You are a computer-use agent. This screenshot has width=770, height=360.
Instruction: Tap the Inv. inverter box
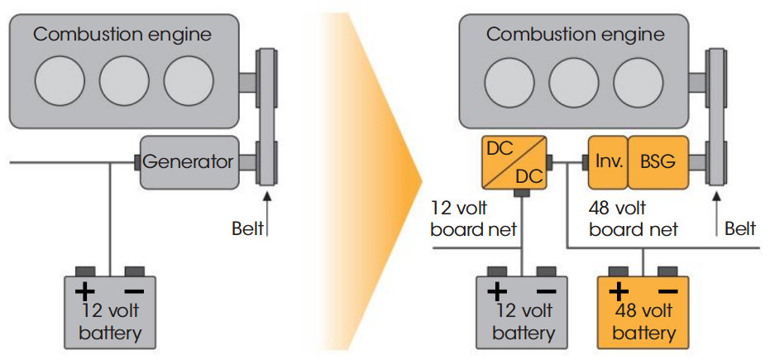point(608,162)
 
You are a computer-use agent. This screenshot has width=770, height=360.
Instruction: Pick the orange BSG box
point(658,162)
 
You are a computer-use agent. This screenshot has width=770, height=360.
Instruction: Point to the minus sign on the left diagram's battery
point(134,291)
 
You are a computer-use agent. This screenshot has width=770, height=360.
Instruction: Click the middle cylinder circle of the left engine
point(124,80)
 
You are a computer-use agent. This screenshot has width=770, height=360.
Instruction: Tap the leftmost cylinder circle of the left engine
point(60,80)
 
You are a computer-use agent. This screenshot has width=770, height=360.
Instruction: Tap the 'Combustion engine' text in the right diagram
point(575,35)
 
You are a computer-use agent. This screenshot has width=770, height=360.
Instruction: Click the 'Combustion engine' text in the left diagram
point(122,35)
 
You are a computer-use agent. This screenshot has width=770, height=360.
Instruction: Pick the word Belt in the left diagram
point(247,229)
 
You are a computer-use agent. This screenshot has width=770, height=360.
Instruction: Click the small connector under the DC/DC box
point(520,193)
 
